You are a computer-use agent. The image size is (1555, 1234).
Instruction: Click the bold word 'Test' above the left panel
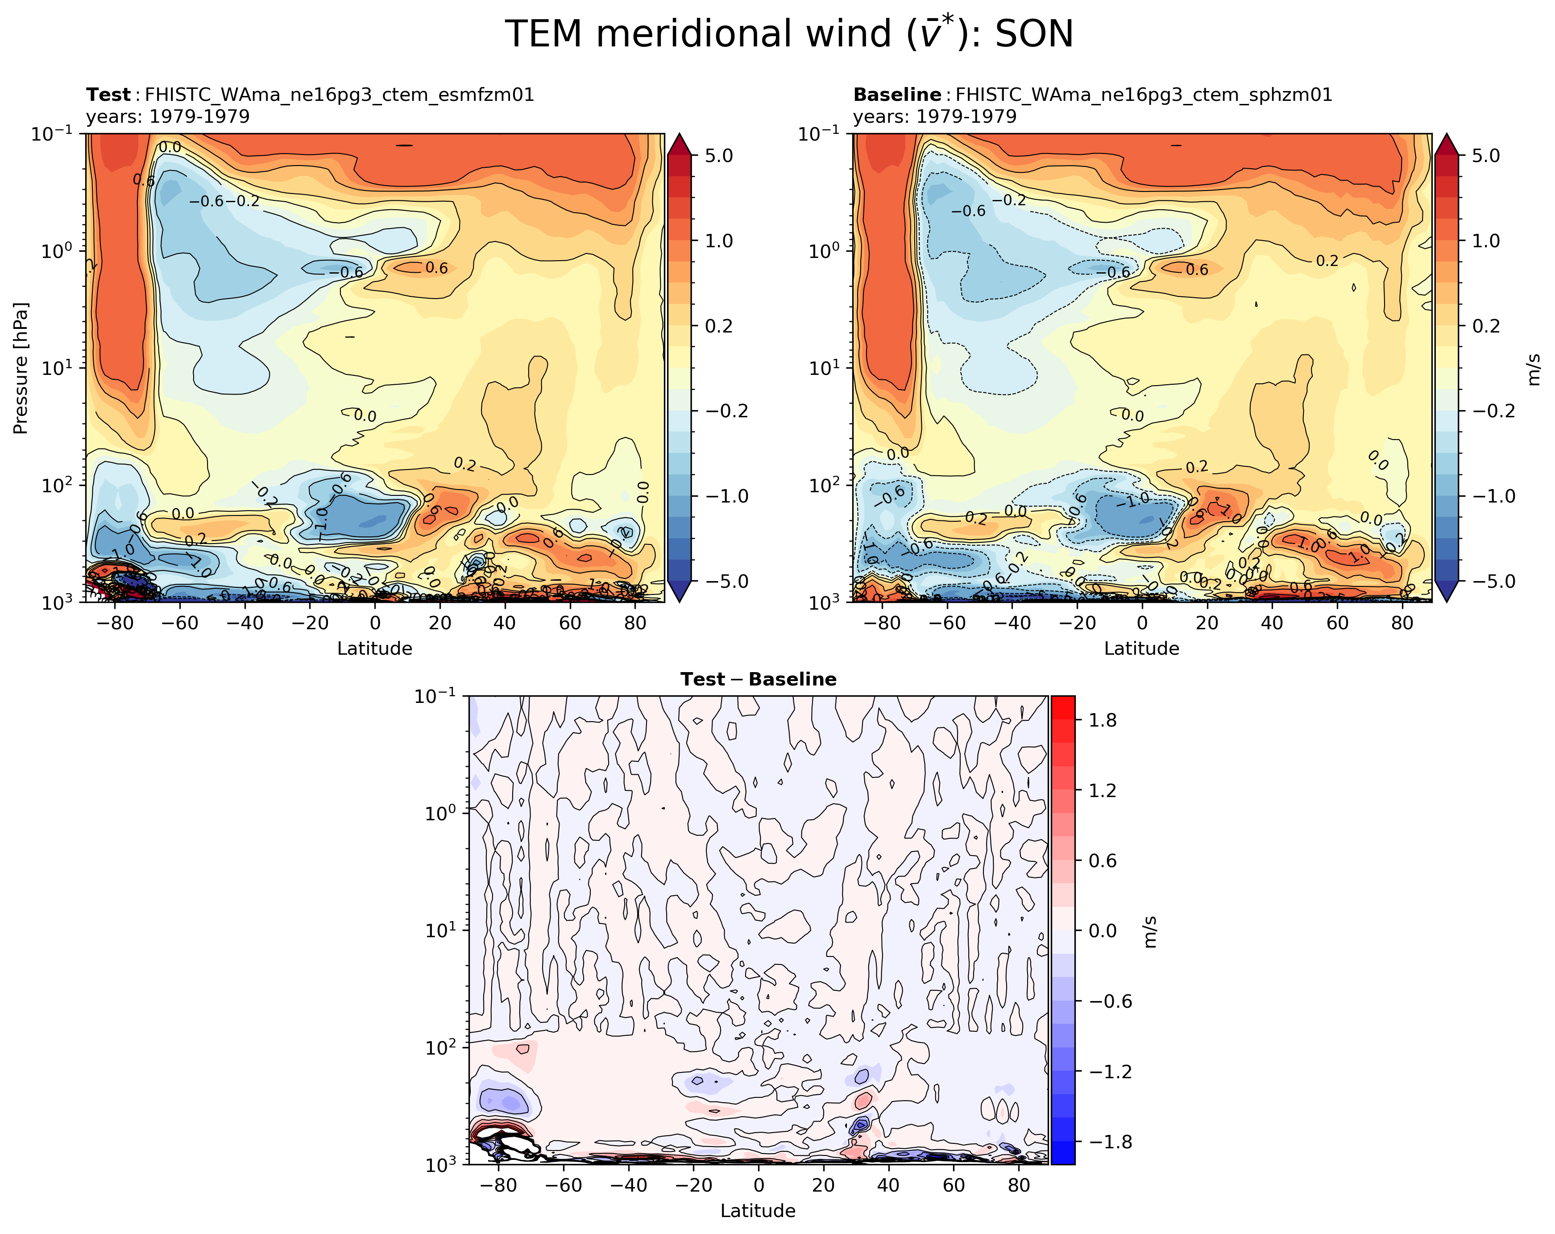click(x=108, y=95)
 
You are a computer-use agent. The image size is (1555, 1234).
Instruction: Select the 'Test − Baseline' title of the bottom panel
click(x=758, y=679)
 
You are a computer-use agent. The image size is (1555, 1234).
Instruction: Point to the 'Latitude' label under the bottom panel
click(x=758, y=1211)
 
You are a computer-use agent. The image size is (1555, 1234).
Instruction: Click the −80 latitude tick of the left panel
click(x=113, y=623)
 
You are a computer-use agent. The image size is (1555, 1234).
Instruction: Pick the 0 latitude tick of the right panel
click(x=1142, y=623)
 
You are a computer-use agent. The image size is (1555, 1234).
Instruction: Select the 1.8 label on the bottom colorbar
click(x=1102, y=720)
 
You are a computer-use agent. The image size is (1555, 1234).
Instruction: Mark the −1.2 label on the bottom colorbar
click(x=1111, y=1072)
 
